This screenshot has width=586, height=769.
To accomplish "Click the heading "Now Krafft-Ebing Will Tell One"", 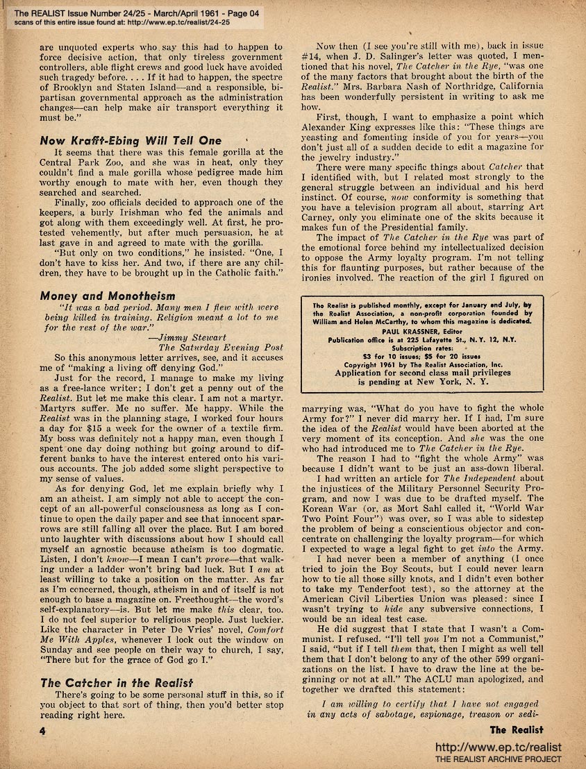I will click(x=131, y=140).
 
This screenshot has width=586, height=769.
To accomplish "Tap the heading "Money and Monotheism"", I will click(x=108, y=296).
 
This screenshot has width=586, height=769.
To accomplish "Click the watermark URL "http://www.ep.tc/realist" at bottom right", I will click(x=497, y=747).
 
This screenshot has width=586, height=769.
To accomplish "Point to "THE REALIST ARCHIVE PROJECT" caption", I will click(x=498, y=760).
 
